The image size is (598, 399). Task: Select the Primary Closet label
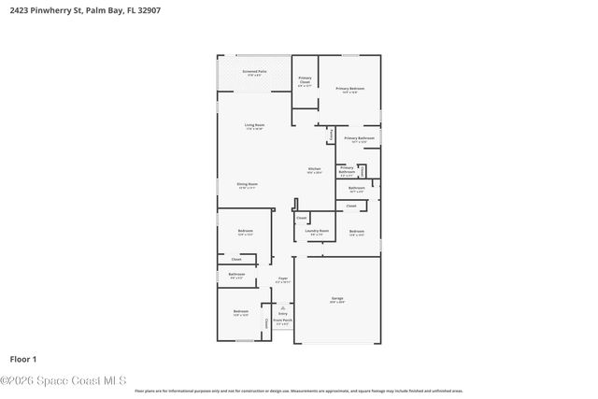pos(305,81)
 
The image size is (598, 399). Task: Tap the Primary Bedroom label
pos(349,89)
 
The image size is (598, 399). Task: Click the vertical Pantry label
pos(331,135)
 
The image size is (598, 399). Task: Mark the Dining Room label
pos(247,185)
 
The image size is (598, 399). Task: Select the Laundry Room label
pos(319,231)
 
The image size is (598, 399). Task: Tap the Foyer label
pos(282,278)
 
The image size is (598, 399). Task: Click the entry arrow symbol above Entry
pos(282,306)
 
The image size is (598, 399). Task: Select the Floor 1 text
pos(22,359)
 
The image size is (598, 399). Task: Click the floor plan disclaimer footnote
pos(298,392)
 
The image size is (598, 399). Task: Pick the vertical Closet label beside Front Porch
pos(266,322)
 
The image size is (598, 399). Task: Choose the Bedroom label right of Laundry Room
pos(356,232)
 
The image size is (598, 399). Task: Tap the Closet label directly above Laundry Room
pos(301,219)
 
